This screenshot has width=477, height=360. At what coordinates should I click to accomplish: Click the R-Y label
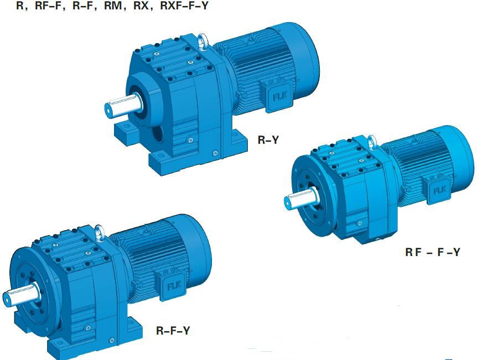point(268,140)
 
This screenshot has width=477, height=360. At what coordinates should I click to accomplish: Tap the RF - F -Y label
point(432,252)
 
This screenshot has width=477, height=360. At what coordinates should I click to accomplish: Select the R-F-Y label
point(173,331)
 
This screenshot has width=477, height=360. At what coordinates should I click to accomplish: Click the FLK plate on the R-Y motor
point(278,96)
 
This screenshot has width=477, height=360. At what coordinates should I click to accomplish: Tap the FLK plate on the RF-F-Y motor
point(439,190)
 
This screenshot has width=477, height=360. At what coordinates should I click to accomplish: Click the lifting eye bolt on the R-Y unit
point(204,41)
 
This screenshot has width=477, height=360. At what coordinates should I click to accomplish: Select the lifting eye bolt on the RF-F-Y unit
point(372,143)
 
